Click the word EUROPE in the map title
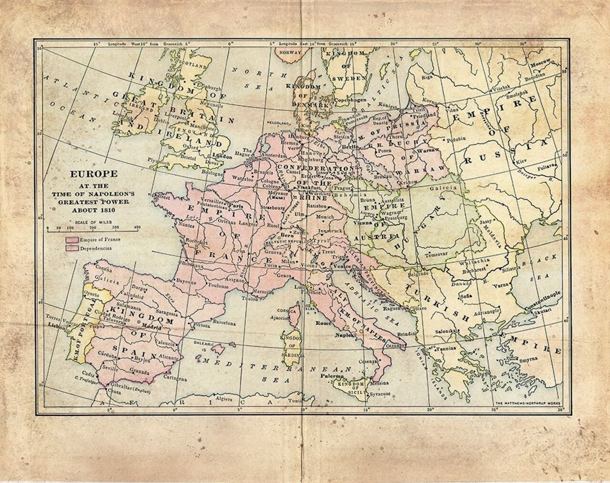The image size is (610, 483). (91, 174)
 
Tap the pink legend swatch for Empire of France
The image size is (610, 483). (72, 240)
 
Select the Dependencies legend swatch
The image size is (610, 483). (72, 248)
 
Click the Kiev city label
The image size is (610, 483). (522, 162)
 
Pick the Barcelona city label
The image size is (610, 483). (224, 323)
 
